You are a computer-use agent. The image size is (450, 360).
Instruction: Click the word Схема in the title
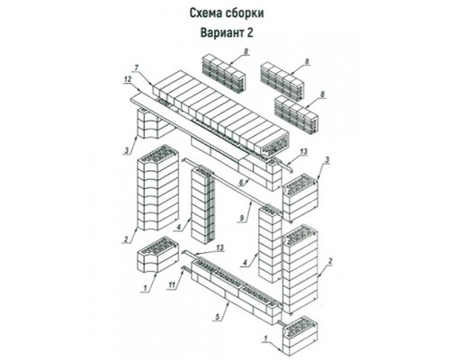(x=206, y=13)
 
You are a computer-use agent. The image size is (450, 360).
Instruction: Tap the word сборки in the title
(x=246, y=13)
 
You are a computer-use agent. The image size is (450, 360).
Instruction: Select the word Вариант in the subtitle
(x=222, y=32)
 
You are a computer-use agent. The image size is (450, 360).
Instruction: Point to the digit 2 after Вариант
(x=250, y=32)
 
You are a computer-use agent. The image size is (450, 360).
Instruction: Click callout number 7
(x=136, y=68)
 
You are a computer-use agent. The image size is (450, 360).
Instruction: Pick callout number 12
(x=128, y=79)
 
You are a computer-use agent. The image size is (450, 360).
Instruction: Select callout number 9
(x=242, y=218)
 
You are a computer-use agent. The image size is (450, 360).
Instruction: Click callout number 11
(x=172, y=285)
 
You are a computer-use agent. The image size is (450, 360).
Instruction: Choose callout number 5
(x=217, y=316)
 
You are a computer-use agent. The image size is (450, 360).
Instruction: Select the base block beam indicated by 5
(x=236, y=292)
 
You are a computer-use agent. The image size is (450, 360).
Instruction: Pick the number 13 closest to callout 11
(x=220, y=247)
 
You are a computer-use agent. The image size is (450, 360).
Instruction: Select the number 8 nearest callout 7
(x=246, y=51)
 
